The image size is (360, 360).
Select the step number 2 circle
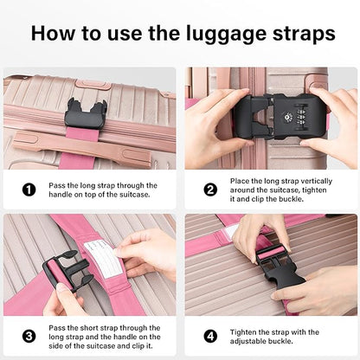click(209, 190)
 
